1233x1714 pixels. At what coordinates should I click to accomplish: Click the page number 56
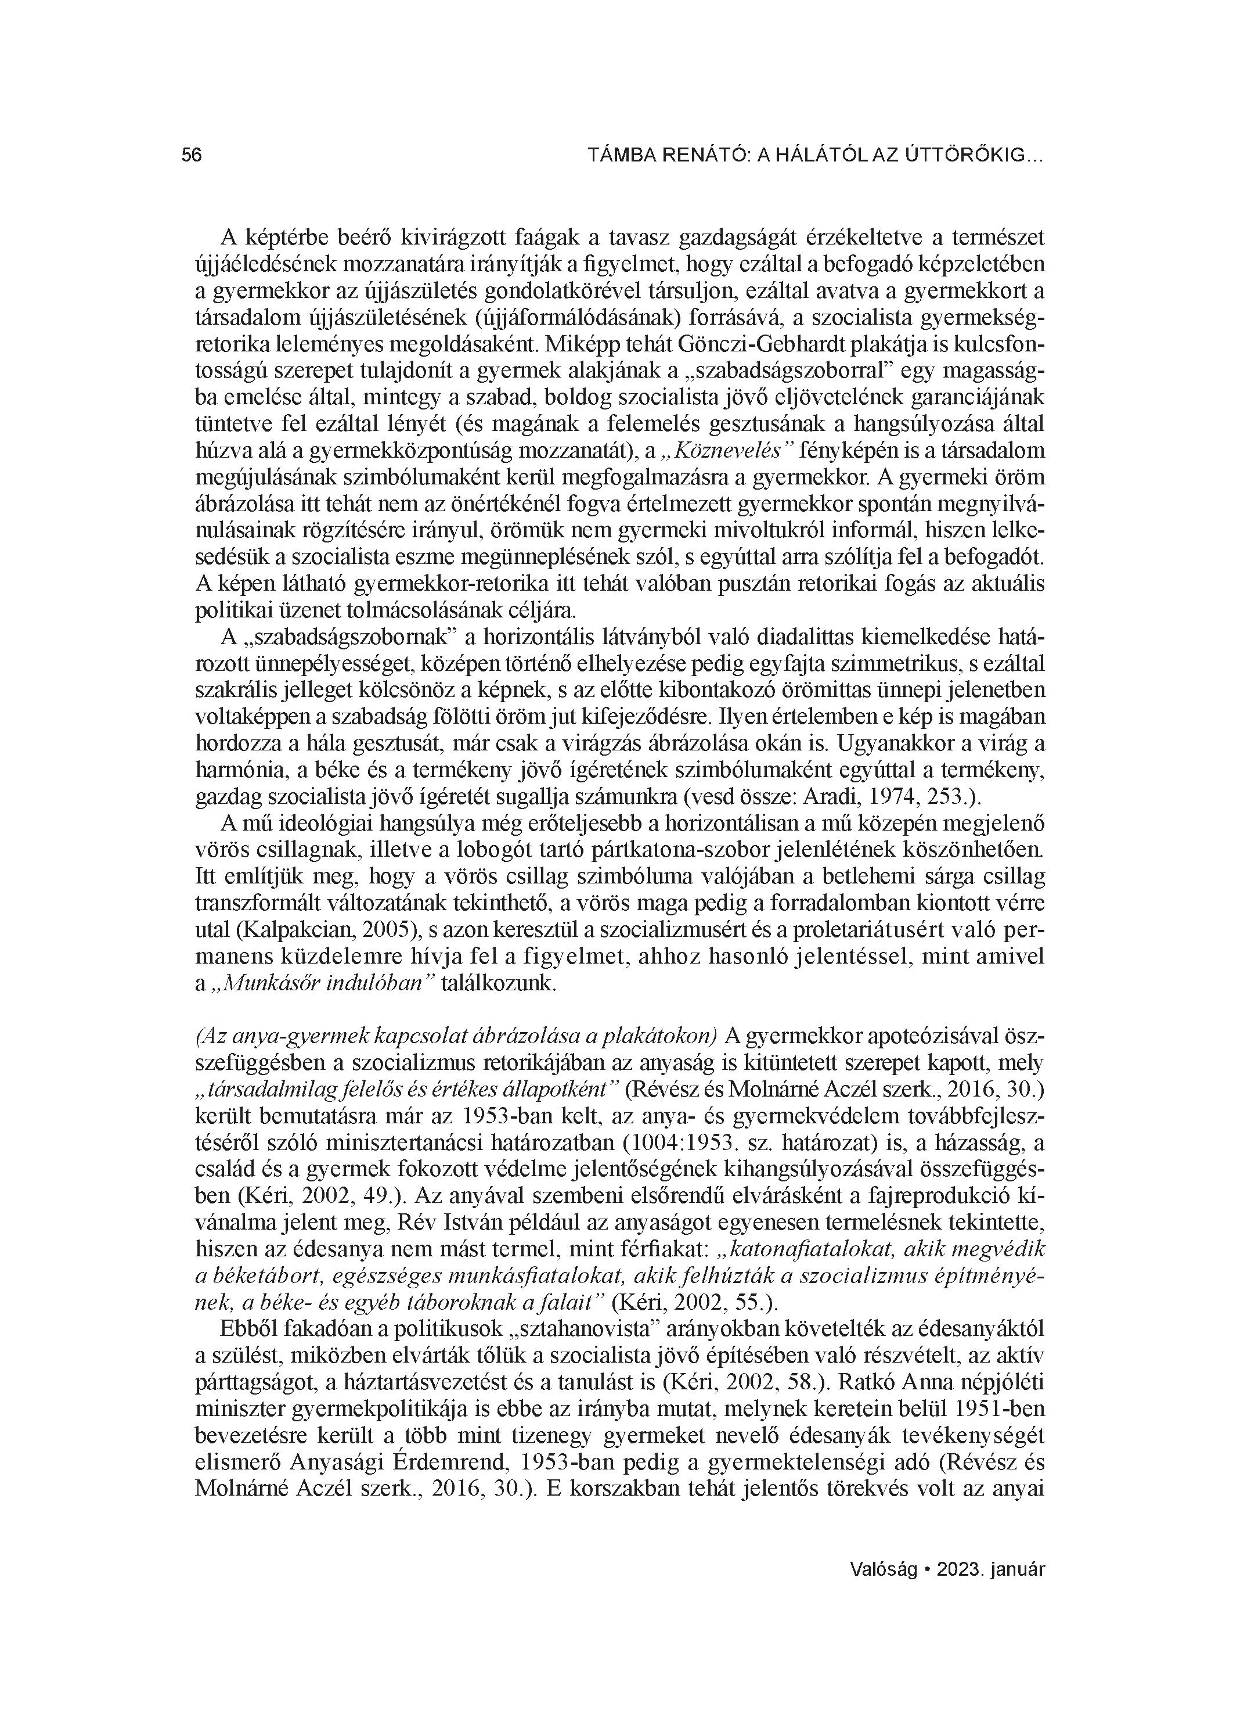coord(192,156)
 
